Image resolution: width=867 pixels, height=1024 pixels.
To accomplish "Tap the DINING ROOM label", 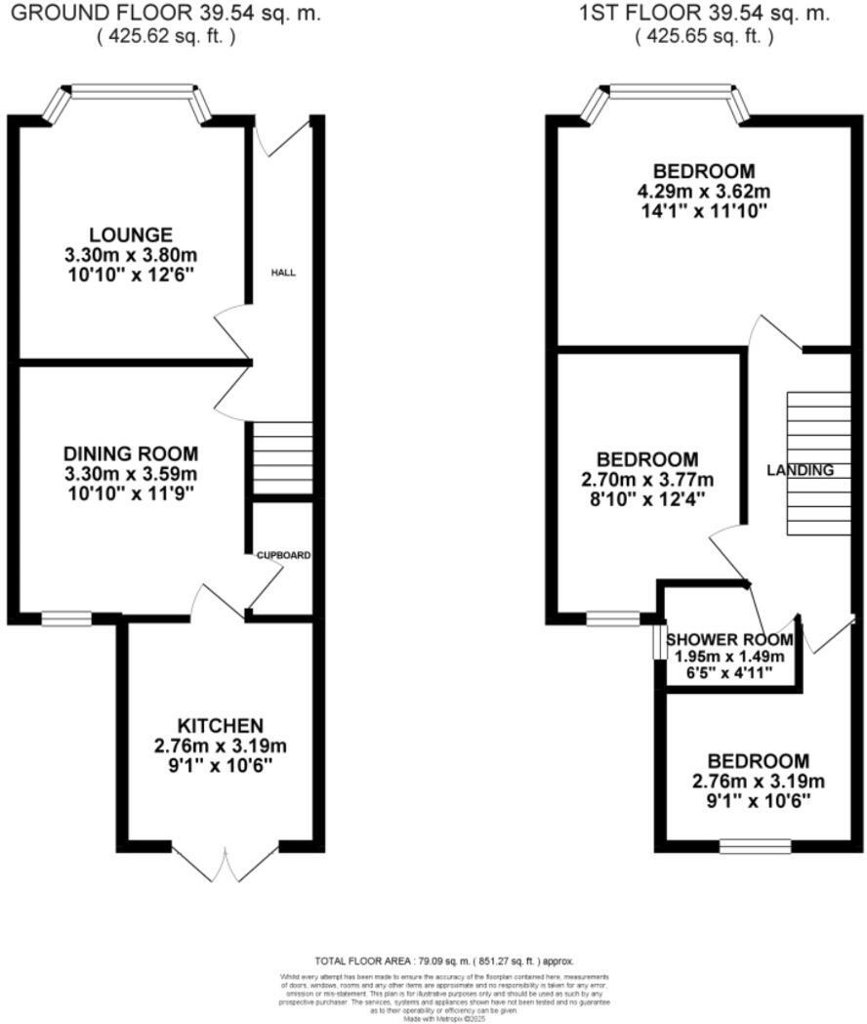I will (x=131, y=453).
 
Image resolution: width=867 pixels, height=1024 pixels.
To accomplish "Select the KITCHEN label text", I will (x=220, y=725).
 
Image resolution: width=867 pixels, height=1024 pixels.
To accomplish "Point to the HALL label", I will (x=283, y=273).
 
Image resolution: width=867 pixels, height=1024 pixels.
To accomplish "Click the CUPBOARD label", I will (x=283, y=555).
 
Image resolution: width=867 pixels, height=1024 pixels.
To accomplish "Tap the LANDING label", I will (x=800, y=470).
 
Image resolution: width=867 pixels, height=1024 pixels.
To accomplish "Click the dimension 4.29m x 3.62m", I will (x=703, y=190).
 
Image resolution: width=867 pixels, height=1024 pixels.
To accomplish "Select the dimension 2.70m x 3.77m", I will (x=647, y=479).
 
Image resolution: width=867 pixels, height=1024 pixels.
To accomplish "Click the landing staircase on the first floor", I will (x=818, y=463).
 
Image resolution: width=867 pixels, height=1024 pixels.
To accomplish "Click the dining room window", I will (x=66, y=618).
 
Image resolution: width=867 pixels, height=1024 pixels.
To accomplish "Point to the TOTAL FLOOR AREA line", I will (x=444, y=961).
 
